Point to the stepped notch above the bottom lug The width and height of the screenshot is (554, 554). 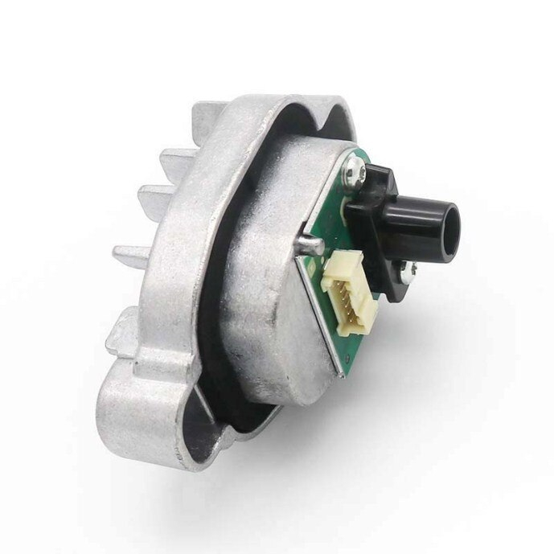[x=121, y=358]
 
